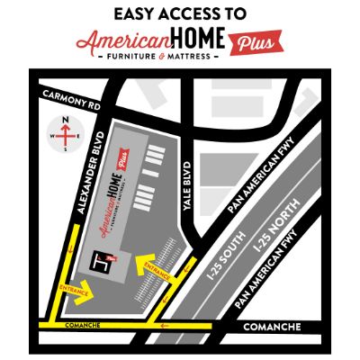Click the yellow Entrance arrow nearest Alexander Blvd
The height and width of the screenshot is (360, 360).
point(76,289)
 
